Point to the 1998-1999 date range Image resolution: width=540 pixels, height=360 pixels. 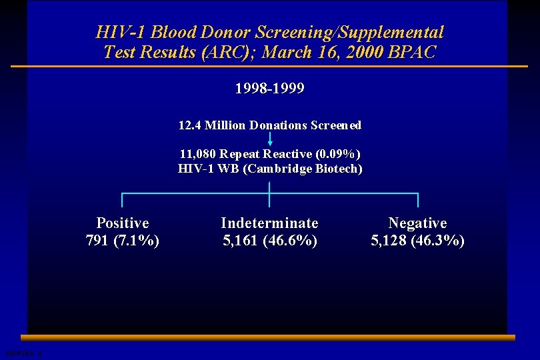tap(269, 89)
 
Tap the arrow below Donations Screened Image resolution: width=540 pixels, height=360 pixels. tap(270, 139)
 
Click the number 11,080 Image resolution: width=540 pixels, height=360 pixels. tap(199, 155)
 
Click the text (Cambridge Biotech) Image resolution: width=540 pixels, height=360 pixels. tap(303, 169)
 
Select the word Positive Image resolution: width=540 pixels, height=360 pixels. tap(123, 223)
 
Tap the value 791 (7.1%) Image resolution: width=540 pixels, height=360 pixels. tap(123, 240)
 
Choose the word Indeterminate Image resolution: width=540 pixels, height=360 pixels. tap(269, 223)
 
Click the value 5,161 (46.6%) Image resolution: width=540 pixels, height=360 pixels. tap(269, 240)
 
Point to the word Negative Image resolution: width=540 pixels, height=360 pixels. tap(417, 223)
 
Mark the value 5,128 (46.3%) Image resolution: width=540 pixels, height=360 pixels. tap(417, 240)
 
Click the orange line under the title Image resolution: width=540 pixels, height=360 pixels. tap(269, 67)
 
